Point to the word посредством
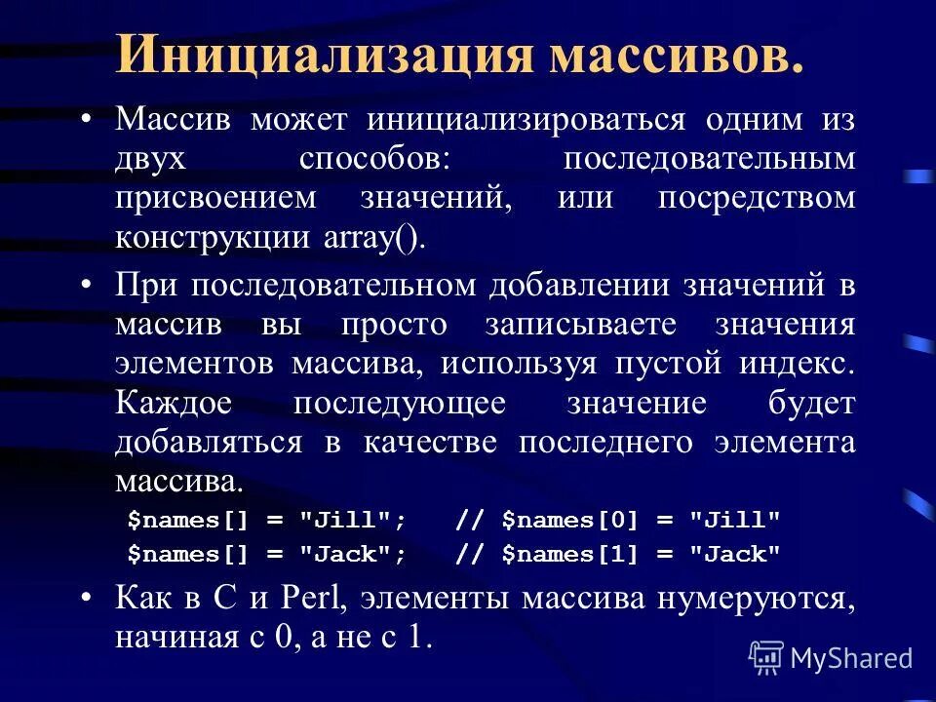tap(756, 199)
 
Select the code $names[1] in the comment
tap(565, 555)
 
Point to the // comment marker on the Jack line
tap(470, 555)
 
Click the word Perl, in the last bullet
tap(297, 598)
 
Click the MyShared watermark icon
tap(766, 657)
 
